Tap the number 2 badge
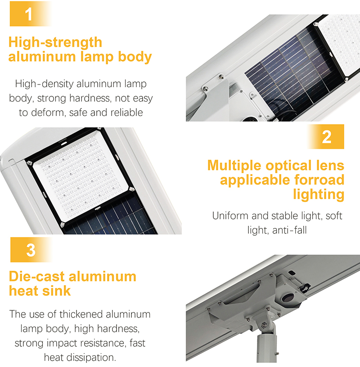tap(327, 137)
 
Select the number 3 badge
tap(31, 250)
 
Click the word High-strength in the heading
tap(55, 43)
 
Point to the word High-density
tap(43, 84)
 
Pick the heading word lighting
tap(318, 195)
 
